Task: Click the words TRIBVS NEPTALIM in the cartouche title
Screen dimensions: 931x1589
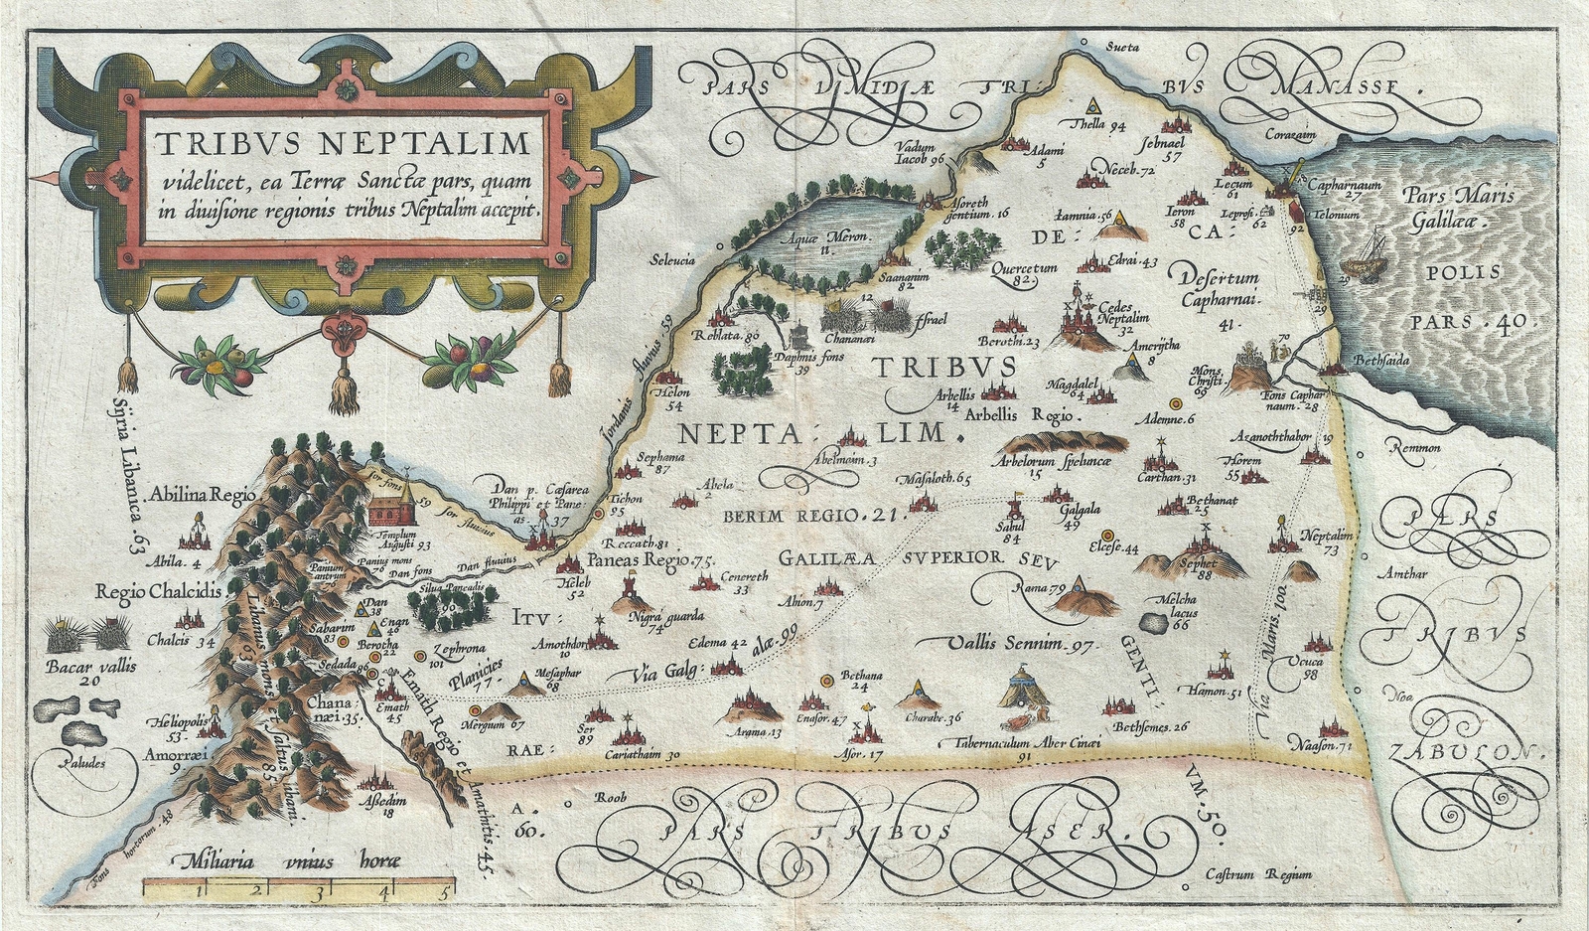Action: [x=343, y=145]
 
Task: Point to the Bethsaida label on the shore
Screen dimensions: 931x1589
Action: [x=1380, y=361]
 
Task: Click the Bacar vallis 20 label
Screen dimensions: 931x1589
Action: [x=90, y=673]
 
